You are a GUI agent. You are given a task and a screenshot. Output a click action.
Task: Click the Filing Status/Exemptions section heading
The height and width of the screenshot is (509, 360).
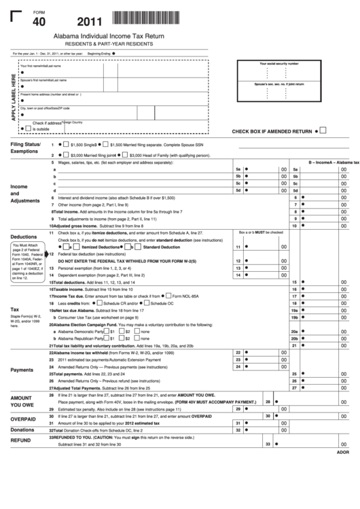coord(25,148)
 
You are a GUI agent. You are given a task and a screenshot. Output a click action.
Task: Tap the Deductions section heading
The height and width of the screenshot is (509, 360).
coord(23,236)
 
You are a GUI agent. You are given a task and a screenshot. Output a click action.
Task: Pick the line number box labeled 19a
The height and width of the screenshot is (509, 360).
coord(295,310)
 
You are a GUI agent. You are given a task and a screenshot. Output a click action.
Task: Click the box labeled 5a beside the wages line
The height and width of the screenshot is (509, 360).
coord(238,169)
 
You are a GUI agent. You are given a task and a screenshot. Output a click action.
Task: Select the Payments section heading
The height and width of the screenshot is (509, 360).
coord(22,370)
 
